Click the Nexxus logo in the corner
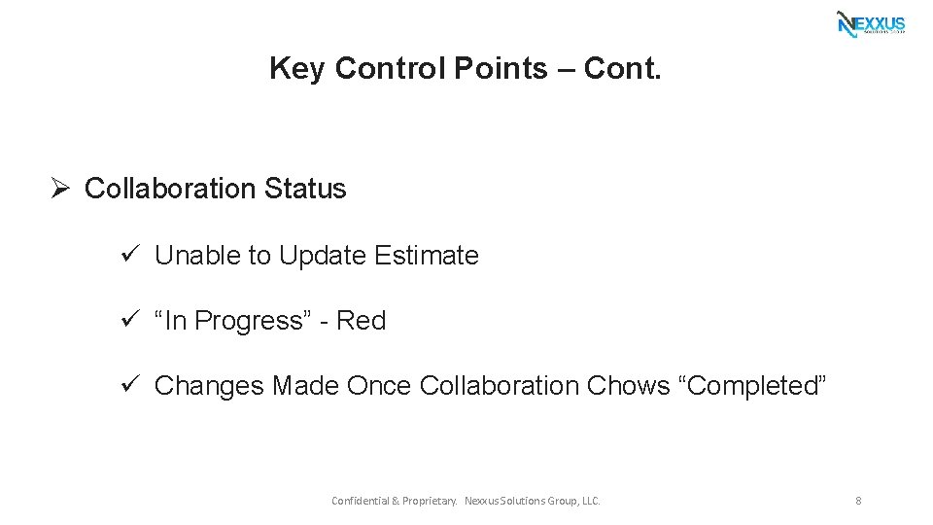click(871, 24)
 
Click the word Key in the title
click(296, 68)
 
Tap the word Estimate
click(427, 256)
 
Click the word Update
click(323, 256)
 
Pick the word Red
click(362, 321)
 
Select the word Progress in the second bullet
click(255, 321)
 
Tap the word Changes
click(209, 386)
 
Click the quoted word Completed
click(756, 386)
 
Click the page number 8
click(858, 501)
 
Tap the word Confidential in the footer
click(360, 501)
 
